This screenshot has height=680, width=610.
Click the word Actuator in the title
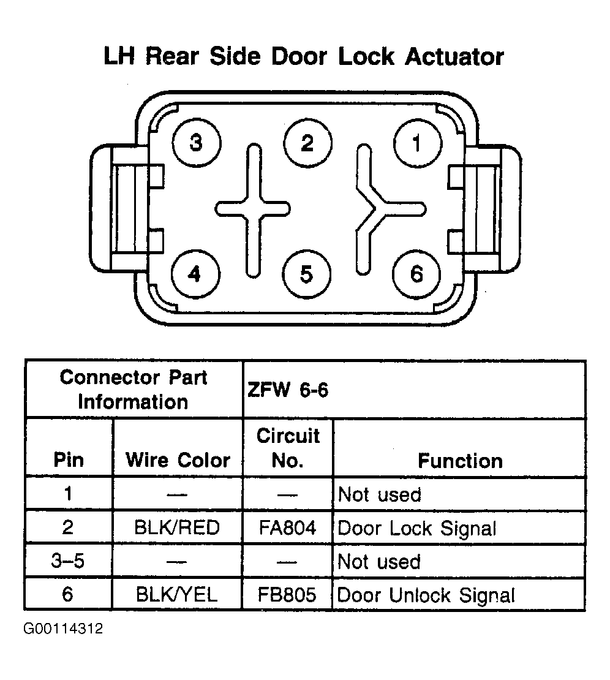pyautogui.click(x=454, y=57)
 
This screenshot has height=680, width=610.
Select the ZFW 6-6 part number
pyautogui.click(x=288, y=390)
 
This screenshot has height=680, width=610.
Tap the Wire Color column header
pyautogui.click(x=178, y=460)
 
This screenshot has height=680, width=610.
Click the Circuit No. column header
pyautogui.click(x=288, y=448)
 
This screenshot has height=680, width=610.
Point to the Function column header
pyautogui.click(x=460, y=461)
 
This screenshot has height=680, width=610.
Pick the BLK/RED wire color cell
pyautogui.click(x=177, y=527)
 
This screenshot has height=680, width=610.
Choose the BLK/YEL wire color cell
pyautogui.click(x=176, y=594)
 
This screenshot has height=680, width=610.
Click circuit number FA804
pyautogui.click(x=287, y=528)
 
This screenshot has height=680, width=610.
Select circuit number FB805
pyautogui.click(x=287, y=595)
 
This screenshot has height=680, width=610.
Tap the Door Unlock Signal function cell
pyautogui.click(x=426, y=595)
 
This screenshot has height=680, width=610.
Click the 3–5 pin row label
pyautogui.click(x=67, y=561)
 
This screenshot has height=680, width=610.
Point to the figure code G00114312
pyautogui.click(x=63, y=629)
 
